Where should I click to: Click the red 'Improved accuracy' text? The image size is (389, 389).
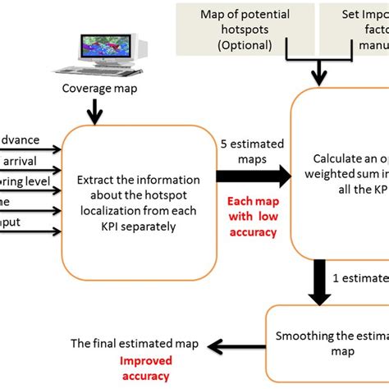coord(144,367)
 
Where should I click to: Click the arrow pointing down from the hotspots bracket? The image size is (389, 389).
coord(318,76)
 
